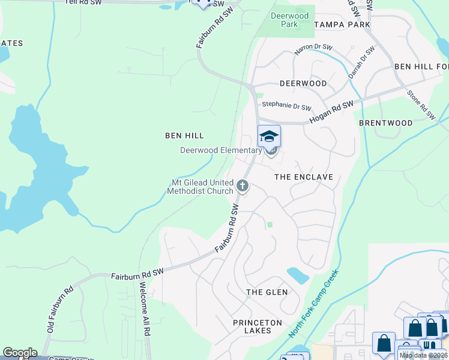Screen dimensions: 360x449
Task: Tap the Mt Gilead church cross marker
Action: point(243,185)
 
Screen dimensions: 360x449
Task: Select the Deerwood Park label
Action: point(289,20)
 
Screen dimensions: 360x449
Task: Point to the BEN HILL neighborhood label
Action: point(185,136)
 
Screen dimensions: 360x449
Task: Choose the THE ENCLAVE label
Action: point(303,178)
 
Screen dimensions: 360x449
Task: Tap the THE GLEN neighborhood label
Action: point(267,292)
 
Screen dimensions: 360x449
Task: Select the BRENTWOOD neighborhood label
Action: point(385,123)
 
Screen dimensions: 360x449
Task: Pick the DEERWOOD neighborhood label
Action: point(303,83)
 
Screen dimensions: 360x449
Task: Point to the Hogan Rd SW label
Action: point(331,112)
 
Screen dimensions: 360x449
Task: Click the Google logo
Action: point(20,353)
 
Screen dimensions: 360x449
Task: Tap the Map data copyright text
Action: point(423,355)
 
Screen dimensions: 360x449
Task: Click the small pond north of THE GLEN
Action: point(298,275)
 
